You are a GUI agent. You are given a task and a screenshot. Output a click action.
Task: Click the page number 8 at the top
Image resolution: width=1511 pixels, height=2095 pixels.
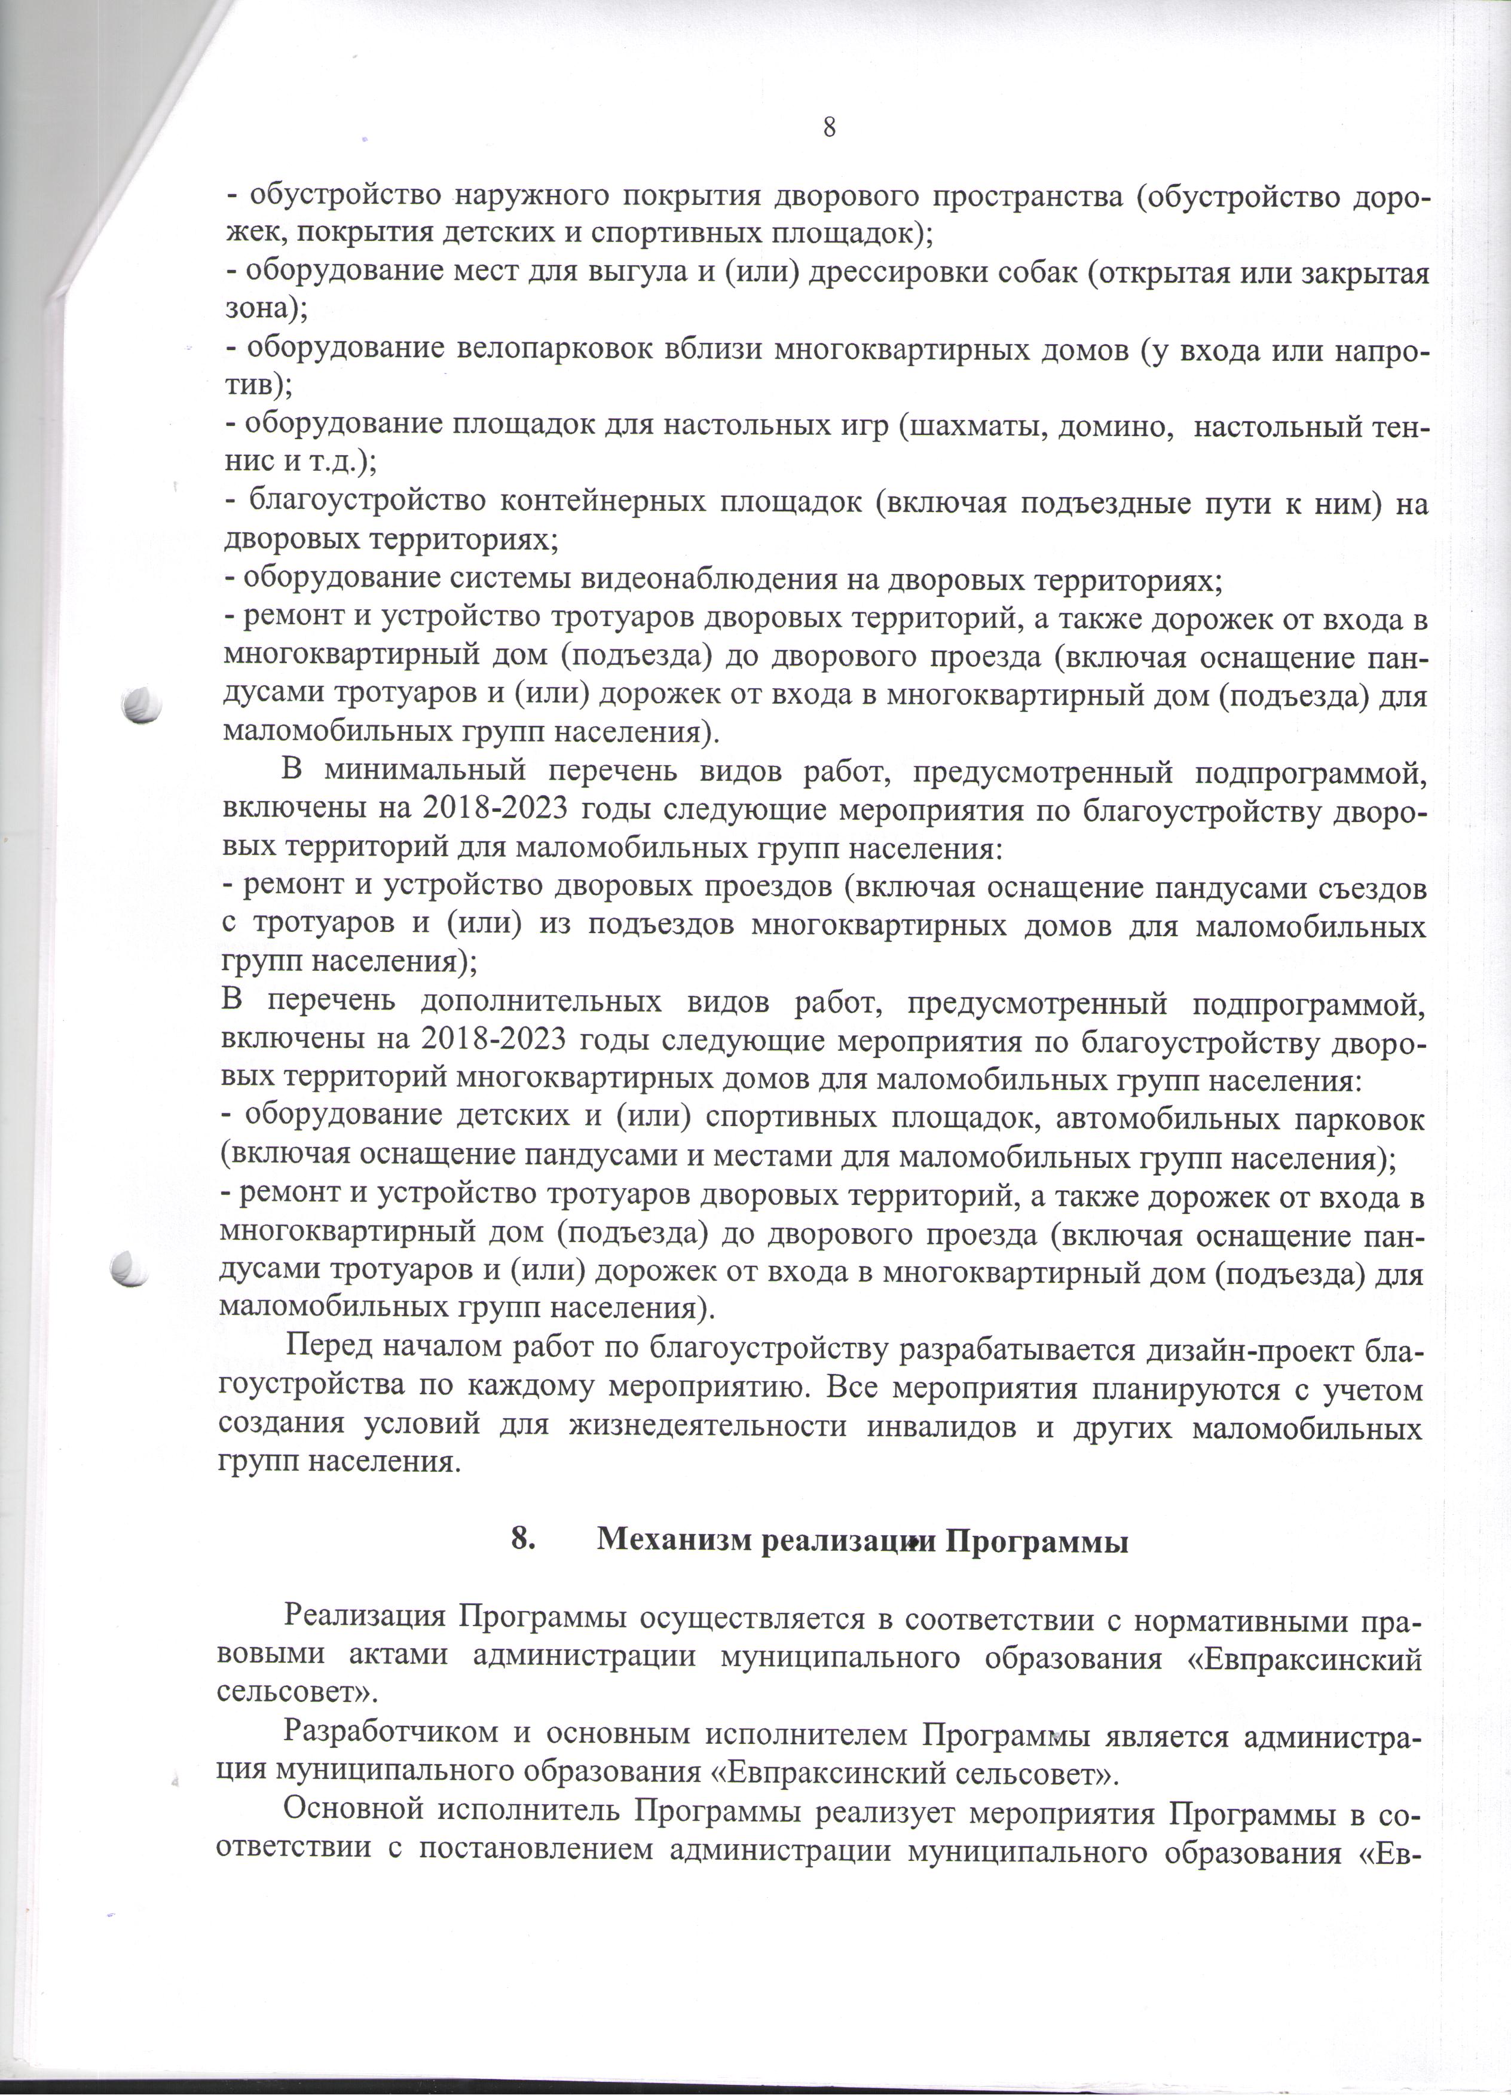point(829,127)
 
